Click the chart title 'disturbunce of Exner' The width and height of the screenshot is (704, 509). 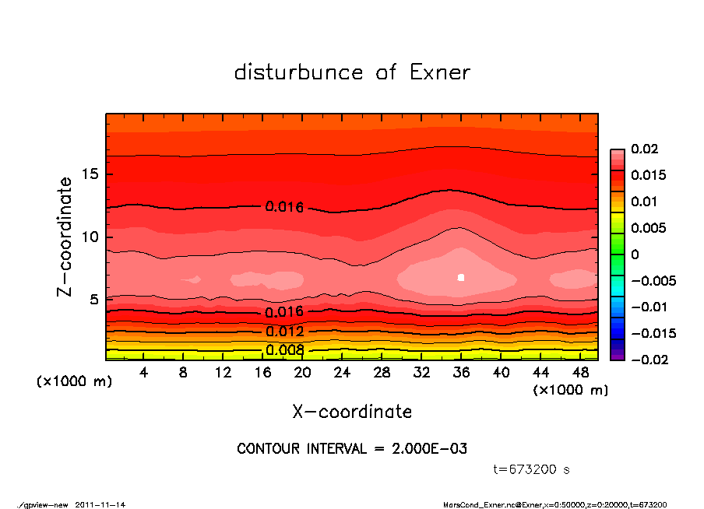(352, 73)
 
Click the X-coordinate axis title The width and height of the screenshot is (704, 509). (352, 412)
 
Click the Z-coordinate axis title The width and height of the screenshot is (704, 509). (65, 237)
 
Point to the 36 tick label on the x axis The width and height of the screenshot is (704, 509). (461, 373)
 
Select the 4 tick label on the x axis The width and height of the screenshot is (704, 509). (144, 373)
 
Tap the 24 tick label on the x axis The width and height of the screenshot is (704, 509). (342, 373)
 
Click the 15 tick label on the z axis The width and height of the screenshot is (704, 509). (90, 174)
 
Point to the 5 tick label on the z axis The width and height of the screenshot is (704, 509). (94, 300)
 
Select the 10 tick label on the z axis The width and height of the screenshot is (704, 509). (90, 237)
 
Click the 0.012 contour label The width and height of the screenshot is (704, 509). (284, 332)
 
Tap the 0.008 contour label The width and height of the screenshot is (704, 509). (284, 350)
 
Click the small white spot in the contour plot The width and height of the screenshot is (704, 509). (461, 277)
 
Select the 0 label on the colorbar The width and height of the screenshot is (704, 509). (635, 254)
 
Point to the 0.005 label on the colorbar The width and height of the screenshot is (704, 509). (649, 228)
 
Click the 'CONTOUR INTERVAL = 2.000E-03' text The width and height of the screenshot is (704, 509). (352, 449)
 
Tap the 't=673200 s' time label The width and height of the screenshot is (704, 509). (532, 469)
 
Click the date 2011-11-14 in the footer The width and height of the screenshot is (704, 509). (100, 504)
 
